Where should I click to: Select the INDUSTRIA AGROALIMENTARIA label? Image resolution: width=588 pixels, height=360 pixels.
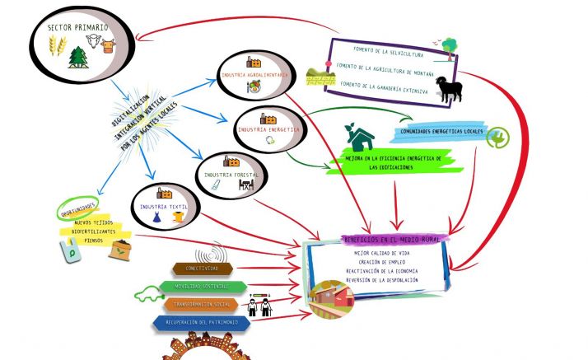click(254, 75)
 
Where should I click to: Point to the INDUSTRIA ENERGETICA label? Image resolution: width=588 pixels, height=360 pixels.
click(264, 129)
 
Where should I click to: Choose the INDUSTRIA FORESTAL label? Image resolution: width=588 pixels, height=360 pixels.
click(231, 175)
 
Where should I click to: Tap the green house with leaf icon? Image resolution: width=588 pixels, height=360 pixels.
click(359, 133)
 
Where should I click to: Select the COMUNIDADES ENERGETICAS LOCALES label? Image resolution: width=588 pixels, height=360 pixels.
click(442, 132)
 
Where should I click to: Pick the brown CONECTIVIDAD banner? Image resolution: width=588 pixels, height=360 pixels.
click(203, 269)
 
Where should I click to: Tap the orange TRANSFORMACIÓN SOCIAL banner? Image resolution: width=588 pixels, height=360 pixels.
click(201, 305)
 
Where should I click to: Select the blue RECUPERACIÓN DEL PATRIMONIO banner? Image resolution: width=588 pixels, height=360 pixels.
click(202, 322)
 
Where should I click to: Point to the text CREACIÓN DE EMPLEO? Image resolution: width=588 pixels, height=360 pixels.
click(381, 261)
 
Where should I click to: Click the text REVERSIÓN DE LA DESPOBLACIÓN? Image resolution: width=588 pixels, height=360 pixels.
click(381, 280)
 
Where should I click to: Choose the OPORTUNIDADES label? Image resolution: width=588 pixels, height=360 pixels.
click(77, 208)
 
